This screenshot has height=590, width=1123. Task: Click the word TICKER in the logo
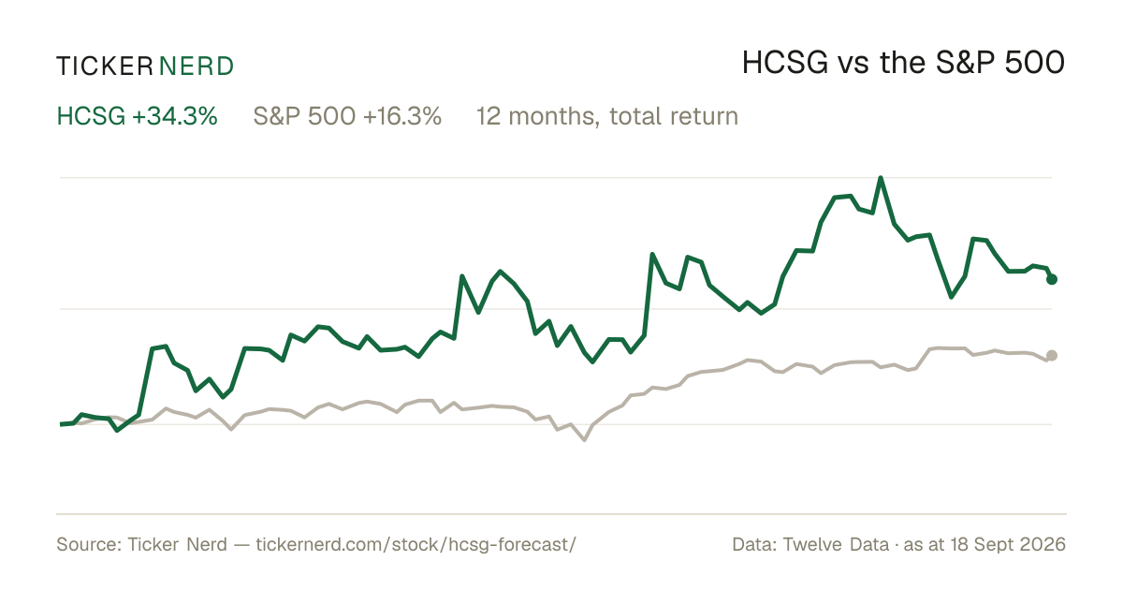105,66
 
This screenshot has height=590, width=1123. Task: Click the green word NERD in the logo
196,66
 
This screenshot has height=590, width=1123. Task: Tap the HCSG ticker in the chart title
784,64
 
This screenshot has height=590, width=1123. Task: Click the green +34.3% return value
175,116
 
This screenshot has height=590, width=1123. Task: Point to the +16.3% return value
402,116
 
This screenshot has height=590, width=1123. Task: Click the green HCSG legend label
91,116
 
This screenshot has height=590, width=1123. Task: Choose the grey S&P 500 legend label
304,116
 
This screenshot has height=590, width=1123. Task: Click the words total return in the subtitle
674,116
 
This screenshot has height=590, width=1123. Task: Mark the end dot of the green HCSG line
1051,279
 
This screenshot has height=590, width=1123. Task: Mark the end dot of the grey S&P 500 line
1051,356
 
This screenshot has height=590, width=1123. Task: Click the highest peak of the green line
881,178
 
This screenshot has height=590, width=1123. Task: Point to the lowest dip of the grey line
585,439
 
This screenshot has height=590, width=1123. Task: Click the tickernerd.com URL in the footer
416,545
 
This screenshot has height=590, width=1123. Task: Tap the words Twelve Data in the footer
836,545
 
